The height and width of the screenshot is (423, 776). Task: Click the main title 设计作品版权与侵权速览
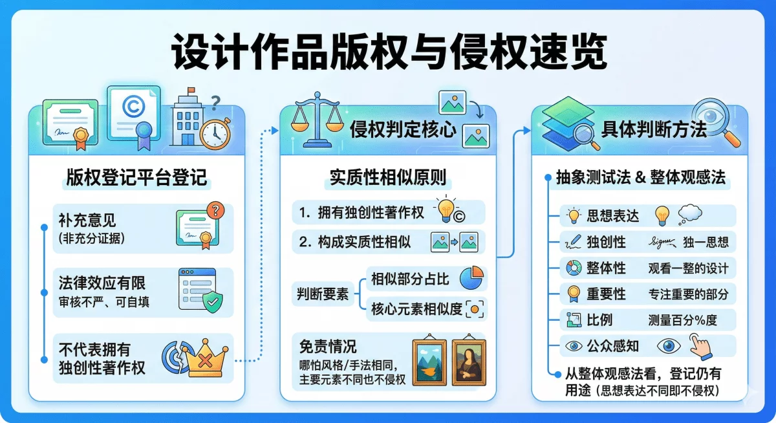(x=389, y=52)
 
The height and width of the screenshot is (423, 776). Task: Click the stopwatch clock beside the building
(x=215, y=133)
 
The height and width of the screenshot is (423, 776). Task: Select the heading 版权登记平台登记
(x=136, y=177)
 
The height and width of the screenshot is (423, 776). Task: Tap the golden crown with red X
(x=205, y=358)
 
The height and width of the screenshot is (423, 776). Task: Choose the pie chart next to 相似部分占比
(x=472, y=278)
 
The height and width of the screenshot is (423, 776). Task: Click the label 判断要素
(x=323, y=294)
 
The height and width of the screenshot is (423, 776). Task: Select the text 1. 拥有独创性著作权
(x=361, y=213)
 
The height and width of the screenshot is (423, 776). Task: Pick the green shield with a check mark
(x=213, y=302)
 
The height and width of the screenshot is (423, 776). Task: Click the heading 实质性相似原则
(x=388, y=177)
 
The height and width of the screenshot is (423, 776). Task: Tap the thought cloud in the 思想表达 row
(x=690, y=213)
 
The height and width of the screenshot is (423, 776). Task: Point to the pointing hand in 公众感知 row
(x=700, y=347)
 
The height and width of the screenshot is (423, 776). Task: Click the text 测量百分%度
(x=682, y=320)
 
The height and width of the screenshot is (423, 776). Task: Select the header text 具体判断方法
(x=654, y=129)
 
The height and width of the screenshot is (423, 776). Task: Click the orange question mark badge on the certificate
(x=215, y=210)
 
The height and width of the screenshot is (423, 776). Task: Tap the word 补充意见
(x=87, y=221)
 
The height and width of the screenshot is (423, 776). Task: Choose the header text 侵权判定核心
(x=403, y=129)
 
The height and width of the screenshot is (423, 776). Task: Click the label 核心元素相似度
(x=416, y=309)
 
